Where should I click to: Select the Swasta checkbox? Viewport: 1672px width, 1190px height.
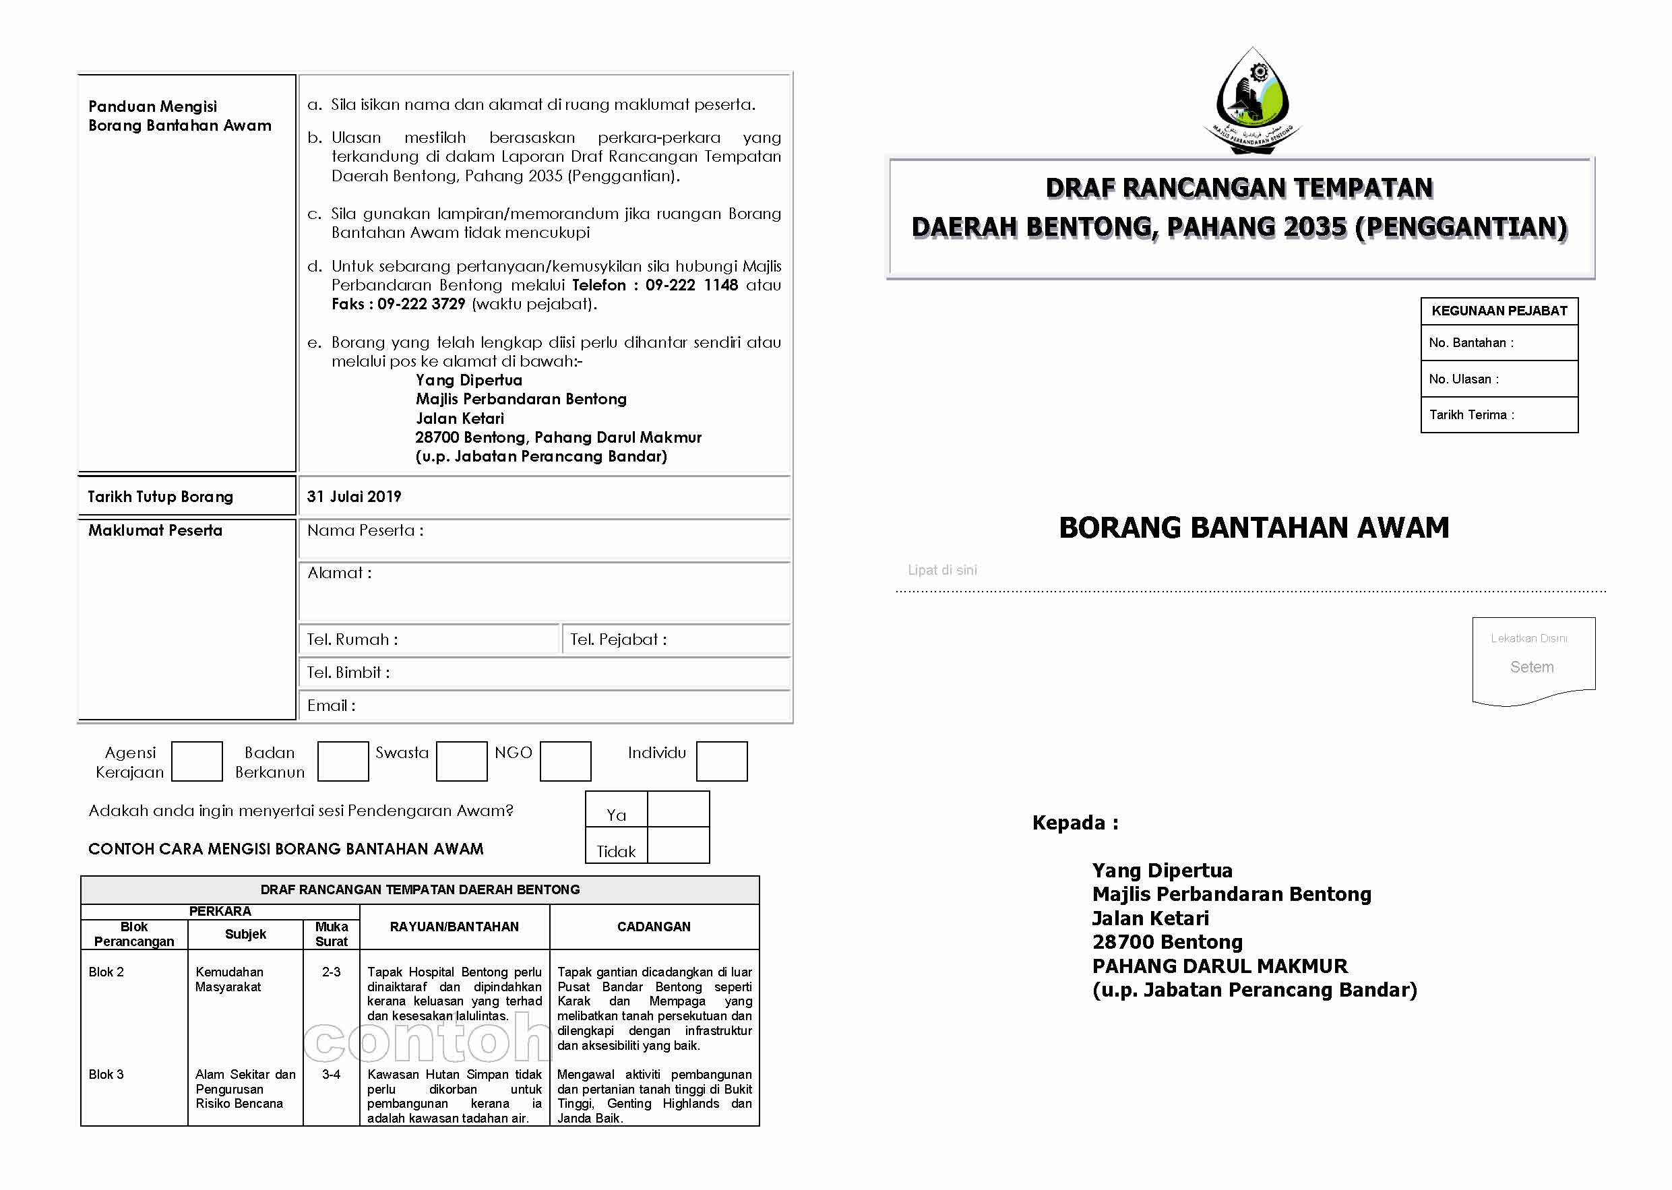461,761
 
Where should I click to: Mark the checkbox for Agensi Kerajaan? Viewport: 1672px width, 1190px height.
196,761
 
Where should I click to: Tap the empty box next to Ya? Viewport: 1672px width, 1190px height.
678,809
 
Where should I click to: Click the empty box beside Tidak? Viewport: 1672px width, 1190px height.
678,845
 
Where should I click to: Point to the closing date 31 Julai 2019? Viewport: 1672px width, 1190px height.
354,496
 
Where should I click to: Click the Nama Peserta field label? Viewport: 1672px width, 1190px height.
365,530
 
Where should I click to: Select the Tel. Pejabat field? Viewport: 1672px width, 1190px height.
675,639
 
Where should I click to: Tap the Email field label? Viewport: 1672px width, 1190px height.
331,705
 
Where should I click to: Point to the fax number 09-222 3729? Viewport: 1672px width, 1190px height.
421,304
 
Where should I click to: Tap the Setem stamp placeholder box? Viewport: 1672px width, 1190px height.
1532,660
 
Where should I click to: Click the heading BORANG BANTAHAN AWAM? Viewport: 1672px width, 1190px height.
1253,528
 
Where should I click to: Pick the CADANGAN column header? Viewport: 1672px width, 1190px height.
653,927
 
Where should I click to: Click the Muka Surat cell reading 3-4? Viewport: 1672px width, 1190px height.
331,1074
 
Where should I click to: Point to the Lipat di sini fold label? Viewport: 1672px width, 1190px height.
941,570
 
